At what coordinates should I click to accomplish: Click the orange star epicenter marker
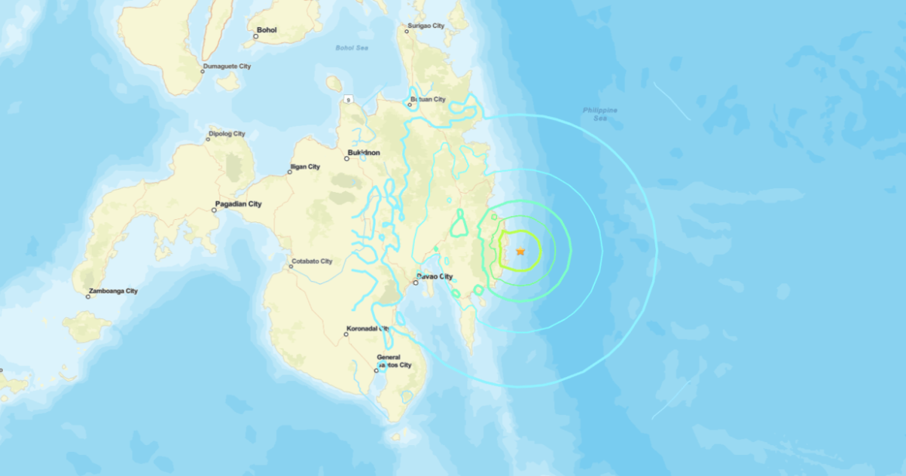click(x=520, y=252)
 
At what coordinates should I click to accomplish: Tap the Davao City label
click(x=435, y=276)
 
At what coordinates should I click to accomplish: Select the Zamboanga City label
click(x=113, y=291)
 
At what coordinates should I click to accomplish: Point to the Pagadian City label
click(x=238, y=204)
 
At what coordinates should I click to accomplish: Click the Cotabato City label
click(x=311, y=262)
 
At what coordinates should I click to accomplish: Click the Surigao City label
click(x=425, y=26)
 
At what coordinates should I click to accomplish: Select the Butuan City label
click(x=427, y=99)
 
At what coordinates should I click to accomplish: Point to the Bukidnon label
click(x=364, y=152)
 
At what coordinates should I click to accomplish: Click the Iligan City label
click(x=304, y=166)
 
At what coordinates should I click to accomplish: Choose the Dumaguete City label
click(x=227, y=67)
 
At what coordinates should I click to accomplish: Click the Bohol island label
click(x=266, y=30)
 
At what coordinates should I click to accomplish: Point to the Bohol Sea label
click(x=352, y=48)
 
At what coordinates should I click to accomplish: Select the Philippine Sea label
click(x=600, y=114)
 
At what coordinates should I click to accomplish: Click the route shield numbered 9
click(x=349, y=99)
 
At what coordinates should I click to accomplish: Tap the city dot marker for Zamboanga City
click(x=88, y=296)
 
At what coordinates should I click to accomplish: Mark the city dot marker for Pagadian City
click(x=214, y=210)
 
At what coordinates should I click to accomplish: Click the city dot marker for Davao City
click(x=416, y=283)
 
